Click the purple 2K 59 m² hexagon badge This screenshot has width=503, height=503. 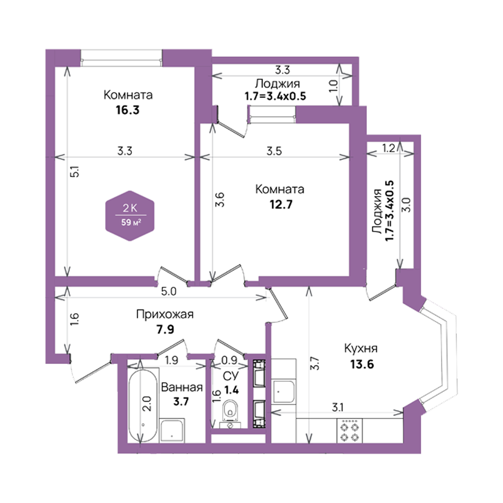tap(130, 216)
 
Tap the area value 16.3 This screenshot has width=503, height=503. tap(128, 110)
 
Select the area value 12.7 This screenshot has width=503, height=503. tap(281, 204)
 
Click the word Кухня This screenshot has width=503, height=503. tap(361, 349)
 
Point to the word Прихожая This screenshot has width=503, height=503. tap(165, 314)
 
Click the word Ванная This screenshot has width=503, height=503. tap(182, 387)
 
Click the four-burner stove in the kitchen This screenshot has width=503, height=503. tap(350, 432)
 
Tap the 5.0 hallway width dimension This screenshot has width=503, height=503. tap(169, 292)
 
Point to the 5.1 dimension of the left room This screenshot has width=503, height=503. tap(74, 172)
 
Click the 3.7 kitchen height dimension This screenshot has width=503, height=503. tap(315, 364)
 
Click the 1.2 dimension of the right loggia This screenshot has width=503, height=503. tap(388, 148)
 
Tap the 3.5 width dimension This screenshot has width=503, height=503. tap(274, 151)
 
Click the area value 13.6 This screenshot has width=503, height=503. tap(362, 364)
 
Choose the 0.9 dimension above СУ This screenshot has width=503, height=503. tap(229, 360)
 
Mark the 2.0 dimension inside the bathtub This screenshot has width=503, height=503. tap(146, 404)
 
